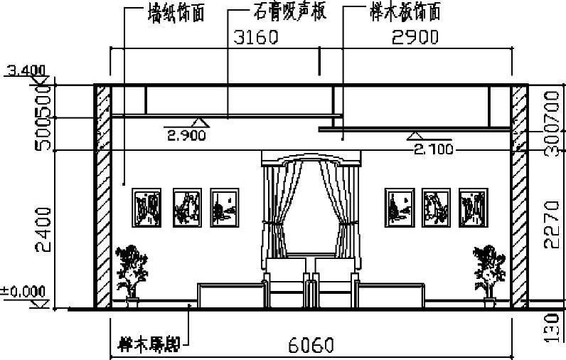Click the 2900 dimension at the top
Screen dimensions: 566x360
(x=415, y=37)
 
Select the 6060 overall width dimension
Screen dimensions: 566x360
(x=311, y=346)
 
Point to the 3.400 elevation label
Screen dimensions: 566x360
(x=25, y=70)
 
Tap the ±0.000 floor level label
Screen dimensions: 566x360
(x=23, y=291)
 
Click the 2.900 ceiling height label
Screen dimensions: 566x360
(x=186, y=134)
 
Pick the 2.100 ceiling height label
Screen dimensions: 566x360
(x=434, y=149)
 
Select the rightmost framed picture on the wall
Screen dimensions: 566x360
(x=473, y=208)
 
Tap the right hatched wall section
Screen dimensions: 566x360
(x=519, y=196)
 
